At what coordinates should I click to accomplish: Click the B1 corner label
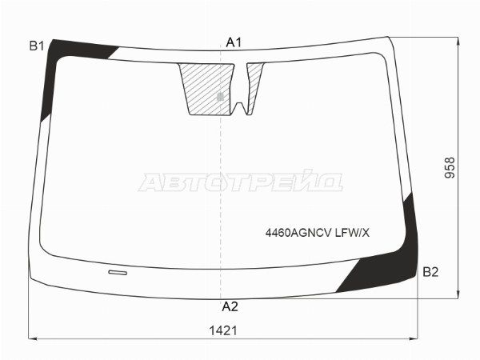pos(37,46)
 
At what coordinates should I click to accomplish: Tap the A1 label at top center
pos(234,42)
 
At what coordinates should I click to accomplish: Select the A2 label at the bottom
pos(230,306)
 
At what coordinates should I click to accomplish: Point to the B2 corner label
pos(430,272)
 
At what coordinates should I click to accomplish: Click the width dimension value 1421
pos(223,331)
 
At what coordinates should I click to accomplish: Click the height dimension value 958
pos(450,168)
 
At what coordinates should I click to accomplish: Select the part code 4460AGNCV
pos(298,234)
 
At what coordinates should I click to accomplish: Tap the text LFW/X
pos(352,234)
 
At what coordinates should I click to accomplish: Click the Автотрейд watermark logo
pos(241,182)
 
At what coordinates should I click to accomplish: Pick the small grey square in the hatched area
pos(220,97)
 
